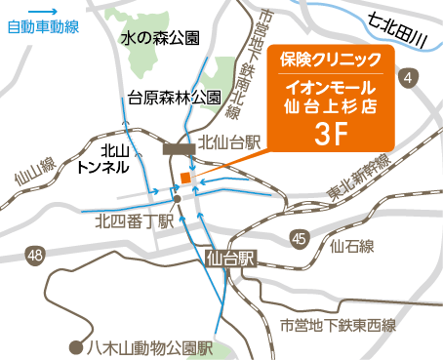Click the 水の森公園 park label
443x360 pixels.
[160, 38]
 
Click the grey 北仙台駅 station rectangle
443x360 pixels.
[180, 148]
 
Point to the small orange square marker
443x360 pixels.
[183, 178]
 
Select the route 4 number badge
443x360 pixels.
[408, 76]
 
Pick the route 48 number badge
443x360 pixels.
[36, 256]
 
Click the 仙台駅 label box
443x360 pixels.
[231, 260]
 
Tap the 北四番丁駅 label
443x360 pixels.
[133, 221]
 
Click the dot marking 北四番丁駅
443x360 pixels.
[177, 198]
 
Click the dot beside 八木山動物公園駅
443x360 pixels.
[74, 345]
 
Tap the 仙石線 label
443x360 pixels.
[352, 246]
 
